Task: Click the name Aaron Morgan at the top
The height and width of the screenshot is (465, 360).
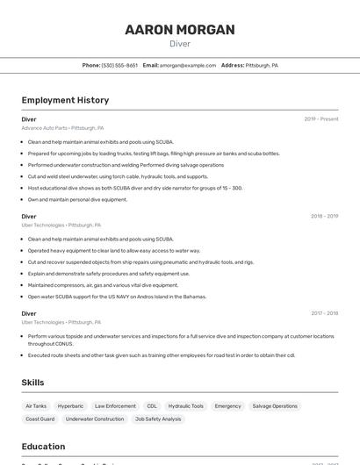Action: (x=179, y=30)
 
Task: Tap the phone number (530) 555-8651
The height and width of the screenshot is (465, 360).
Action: (x=119, y=65)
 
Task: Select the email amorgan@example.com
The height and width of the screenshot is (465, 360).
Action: (x=187, y=65)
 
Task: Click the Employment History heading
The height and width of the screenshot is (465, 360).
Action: (x=65, y=100)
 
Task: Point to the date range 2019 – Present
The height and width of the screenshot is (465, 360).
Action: (x=321, y=118)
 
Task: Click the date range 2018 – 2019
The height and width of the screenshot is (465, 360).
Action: (x=324, y=216)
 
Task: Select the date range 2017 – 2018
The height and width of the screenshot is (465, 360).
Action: (x=324, y=313)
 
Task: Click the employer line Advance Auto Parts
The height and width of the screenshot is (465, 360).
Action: (x=62, y=127)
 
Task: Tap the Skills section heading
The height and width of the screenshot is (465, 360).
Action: (x=32, y=383)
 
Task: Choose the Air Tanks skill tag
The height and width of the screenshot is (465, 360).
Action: (x=36, y=406)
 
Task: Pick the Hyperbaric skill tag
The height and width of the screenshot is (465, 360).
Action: (x=70, y=406)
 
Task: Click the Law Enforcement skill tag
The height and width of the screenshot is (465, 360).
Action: (x=115, y=406)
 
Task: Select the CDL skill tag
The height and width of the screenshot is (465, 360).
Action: (x=152, y=406)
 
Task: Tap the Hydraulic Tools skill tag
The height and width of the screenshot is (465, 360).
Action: (x=185, y=406)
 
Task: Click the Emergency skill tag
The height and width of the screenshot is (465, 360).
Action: (x=227, y=406)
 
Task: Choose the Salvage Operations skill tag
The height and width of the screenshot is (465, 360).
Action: (x=275, y=406)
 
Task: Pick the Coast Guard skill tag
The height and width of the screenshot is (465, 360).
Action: (x=40, y=419)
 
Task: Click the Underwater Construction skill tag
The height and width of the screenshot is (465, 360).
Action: (x=95, y=419)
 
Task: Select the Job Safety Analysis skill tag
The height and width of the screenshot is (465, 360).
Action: (x=158, y=419)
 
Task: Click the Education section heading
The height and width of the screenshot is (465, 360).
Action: (x=43, y=447)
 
